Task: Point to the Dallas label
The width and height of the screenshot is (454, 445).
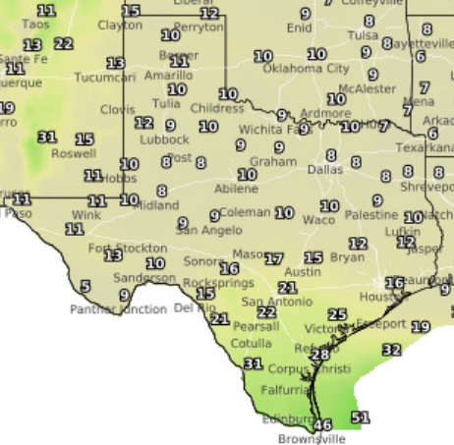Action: coord(325,169)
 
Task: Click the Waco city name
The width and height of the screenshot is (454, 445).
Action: coord(317,220)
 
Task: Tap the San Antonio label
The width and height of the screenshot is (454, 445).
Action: coord(268,301)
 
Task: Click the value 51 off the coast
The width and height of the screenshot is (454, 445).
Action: coord(361,417)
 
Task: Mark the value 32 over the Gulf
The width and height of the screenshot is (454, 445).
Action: coord(391,349)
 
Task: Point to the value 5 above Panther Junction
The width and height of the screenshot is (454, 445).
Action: coord(85,287)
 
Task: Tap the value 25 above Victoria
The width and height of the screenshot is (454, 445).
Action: coord(337,314)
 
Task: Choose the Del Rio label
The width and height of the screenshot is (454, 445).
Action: coord(195,307)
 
